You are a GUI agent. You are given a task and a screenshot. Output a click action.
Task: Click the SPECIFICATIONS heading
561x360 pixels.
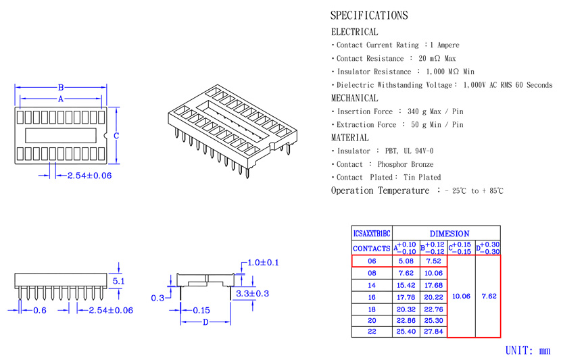[369, 16]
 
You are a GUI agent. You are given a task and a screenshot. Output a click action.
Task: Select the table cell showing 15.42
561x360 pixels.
[406, 285]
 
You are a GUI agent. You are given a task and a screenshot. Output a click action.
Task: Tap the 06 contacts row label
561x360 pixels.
[372, 261]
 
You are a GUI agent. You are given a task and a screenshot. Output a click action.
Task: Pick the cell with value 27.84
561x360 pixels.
[433, 332]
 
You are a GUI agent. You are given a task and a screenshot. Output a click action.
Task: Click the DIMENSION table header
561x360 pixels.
[449, 234]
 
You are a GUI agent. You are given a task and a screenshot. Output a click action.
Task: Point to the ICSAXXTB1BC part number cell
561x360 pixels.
[372, 234]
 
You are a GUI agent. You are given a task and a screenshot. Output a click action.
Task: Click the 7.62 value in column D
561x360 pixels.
[489, 296]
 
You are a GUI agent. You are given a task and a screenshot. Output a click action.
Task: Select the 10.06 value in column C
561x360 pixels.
[461, 296]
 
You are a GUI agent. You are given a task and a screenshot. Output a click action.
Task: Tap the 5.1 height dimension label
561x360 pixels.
[118, 281]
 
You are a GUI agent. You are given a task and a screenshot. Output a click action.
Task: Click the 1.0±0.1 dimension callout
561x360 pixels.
[263, 263]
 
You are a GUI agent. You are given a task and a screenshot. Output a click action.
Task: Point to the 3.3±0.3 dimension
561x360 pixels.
[252, 294]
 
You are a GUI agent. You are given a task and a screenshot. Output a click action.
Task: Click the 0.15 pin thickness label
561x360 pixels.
[201, 310]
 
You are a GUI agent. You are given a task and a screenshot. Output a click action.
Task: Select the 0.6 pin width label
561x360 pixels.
[40, 310]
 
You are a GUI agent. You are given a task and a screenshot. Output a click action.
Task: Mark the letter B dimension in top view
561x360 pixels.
[61, 88]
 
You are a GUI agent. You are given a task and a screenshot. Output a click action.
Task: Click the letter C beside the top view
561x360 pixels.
[116, 136]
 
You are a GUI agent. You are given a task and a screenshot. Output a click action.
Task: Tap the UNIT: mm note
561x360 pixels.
[528, 351]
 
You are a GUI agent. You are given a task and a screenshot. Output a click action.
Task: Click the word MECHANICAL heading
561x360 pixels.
[354, 98]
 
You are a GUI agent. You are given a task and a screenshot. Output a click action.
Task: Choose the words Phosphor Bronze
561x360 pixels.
[406, 164]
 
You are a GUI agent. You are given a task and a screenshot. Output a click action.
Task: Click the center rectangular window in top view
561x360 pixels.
[61, 136]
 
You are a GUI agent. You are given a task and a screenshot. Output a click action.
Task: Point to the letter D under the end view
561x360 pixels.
[205, 322]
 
